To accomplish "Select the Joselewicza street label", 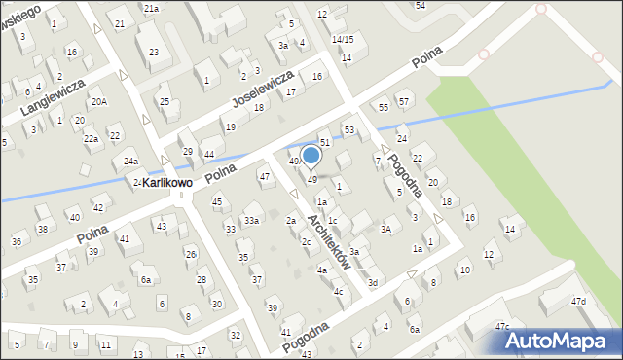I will coord(262,89).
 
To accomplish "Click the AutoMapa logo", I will coord(560,341).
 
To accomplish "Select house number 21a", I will coord(151,8).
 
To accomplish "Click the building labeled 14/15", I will coord(343,39).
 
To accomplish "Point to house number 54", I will coord(421,5).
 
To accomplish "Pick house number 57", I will coord(404,101).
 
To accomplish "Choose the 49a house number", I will coord(296,161).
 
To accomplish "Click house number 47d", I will coord(579,302).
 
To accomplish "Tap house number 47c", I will coord(501,326).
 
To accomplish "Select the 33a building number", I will coord(251,221).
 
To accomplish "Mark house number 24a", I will coord(130,161).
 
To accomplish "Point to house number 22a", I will coord(91,139).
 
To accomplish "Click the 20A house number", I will coord(99,101).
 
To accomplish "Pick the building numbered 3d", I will coord(372,282).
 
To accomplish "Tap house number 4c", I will coord(338,291).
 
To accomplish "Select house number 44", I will coord(209,155).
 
